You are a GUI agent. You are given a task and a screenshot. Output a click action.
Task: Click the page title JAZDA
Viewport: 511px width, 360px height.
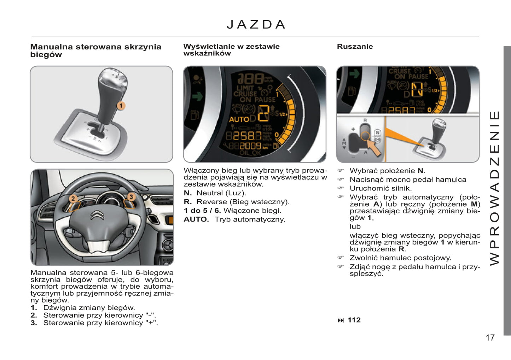click(256, 24)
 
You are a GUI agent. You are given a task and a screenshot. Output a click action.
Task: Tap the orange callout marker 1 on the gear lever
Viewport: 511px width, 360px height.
click(121, 105)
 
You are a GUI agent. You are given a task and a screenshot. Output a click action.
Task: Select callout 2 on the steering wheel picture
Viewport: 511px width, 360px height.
click(73, 199)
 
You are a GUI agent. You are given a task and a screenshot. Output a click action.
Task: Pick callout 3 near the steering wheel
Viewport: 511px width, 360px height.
click(131, 197)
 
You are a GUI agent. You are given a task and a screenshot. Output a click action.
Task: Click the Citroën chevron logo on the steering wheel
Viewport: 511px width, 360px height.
click(96, 214)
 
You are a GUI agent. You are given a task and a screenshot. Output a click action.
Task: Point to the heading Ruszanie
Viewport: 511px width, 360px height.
click(355, 46)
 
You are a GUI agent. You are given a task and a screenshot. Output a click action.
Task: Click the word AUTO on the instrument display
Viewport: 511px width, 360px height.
click(239, 119)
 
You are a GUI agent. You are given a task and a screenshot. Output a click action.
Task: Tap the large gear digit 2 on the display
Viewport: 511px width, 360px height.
click(263, 113)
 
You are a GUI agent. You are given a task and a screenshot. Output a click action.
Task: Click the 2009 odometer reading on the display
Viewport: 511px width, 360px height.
click(250, 146)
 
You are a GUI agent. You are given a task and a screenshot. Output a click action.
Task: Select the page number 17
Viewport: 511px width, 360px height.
click(490, 337)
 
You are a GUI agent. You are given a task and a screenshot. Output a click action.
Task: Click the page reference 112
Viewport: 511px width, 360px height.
click(354, 320)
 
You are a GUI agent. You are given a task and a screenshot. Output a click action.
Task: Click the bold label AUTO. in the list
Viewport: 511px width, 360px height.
click(196, 219)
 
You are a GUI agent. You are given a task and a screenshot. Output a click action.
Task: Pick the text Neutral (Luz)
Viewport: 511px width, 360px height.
click(221, 193)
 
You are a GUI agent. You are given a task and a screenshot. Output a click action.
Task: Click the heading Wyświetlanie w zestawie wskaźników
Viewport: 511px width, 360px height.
click(231, 50)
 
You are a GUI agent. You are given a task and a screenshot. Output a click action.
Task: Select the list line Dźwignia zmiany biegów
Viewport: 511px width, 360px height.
click(89, 308)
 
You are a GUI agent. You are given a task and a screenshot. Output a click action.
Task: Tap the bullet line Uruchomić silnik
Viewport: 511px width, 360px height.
click(381, 188)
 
